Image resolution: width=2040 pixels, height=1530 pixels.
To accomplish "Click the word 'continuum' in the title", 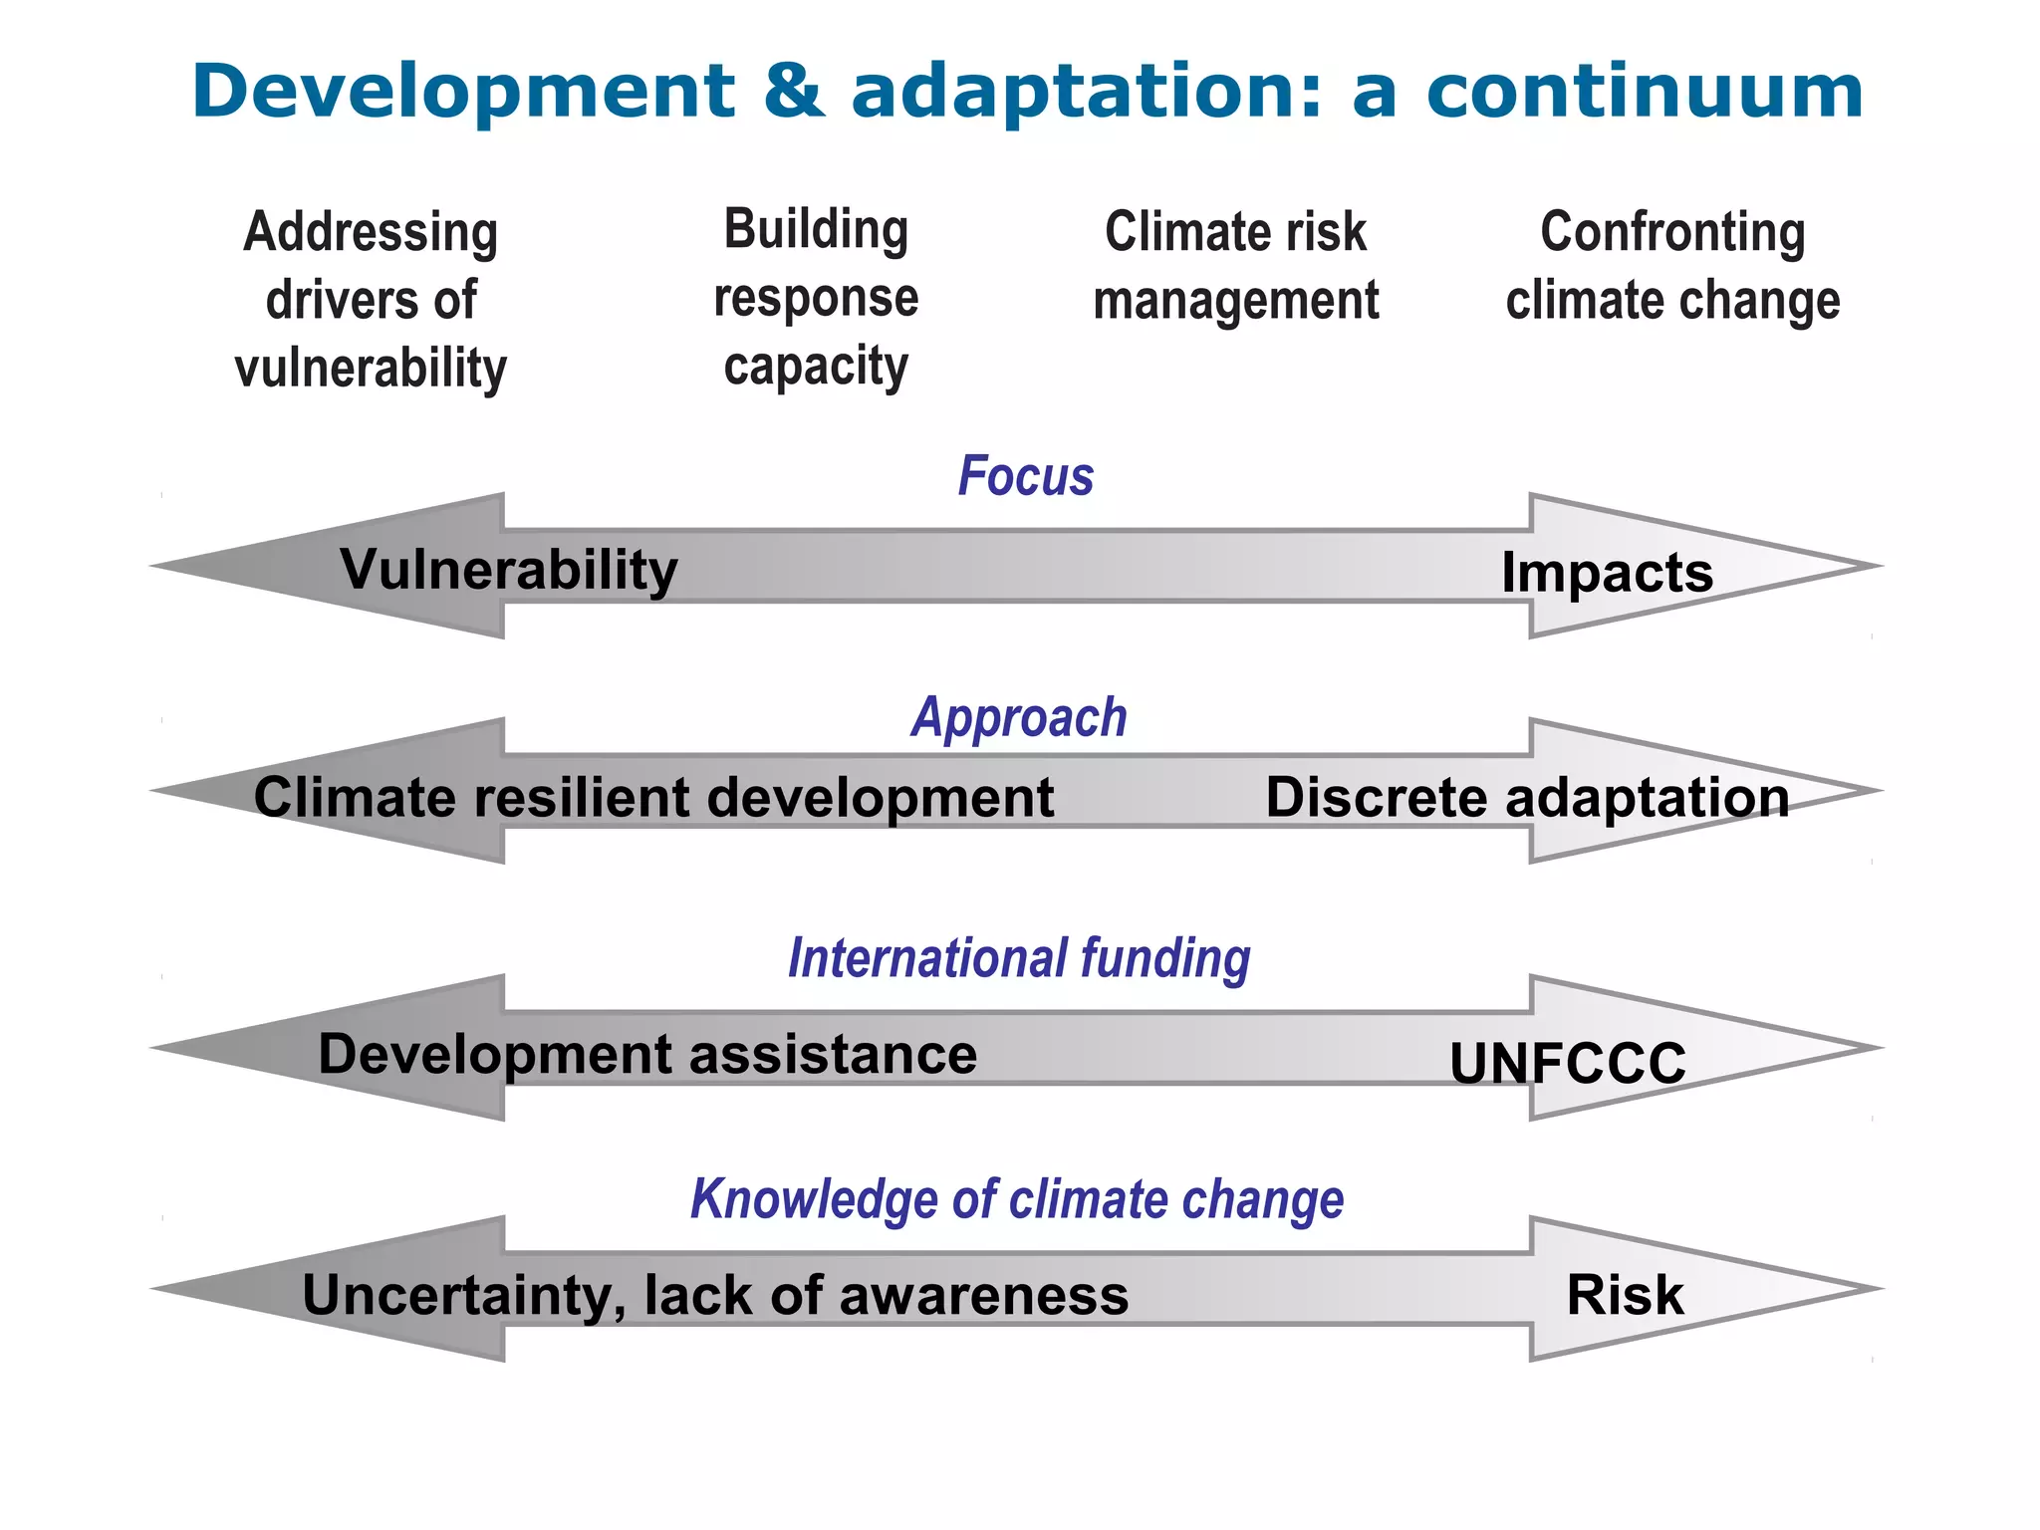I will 1644,92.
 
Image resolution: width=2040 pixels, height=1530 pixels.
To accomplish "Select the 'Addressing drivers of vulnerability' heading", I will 371,300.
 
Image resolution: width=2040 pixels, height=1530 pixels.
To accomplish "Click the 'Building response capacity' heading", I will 816,298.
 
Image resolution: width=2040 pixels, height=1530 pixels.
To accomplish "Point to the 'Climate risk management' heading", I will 1235,266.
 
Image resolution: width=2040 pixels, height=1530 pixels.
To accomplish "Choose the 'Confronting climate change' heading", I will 1672,266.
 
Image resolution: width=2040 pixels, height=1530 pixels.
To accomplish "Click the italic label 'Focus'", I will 1025,476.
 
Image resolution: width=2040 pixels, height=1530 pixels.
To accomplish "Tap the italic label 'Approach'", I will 1019,717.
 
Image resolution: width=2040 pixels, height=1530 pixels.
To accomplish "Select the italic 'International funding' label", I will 1019,958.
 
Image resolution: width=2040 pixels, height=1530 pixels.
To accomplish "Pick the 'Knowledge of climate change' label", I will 1017,1199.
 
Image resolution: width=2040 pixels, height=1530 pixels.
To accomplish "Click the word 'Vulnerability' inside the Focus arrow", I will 509,570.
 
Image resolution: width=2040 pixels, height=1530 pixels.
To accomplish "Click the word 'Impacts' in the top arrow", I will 1607,573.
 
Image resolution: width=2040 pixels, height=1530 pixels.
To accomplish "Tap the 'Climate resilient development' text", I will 653,798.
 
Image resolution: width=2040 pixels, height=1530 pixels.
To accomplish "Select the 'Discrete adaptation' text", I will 1527,798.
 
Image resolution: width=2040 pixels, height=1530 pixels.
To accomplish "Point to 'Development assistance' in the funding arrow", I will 647,1054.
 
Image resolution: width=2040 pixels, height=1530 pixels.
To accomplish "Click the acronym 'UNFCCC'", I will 1567,1063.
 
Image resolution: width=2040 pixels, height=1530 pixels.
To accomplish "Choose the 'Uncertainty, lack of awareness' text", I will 715,1295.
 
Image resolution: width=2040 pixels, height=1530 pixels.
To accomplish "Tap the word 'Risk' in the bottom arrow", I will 1625,1295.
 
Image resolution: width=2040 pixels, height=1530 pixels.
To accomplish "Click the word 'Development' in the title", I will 463,92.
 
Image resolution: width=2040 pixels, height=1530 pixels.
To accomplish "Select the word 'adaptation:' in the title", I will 1087,92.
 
